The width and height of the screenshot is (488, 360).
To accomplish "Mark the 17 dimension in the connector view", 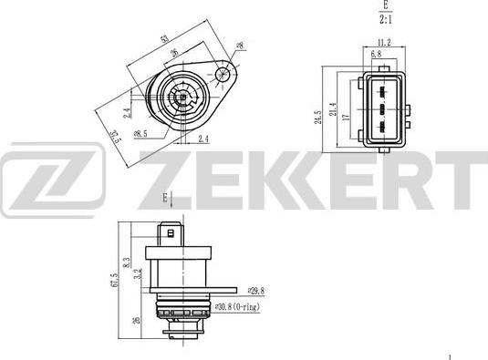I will (x=346, y=116).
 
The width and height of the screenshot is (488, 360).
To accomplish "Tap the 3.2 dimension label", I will (x=138, y=275).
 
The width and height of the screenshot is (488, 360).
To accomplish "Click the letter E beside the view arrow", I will (x=163, y=196).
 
